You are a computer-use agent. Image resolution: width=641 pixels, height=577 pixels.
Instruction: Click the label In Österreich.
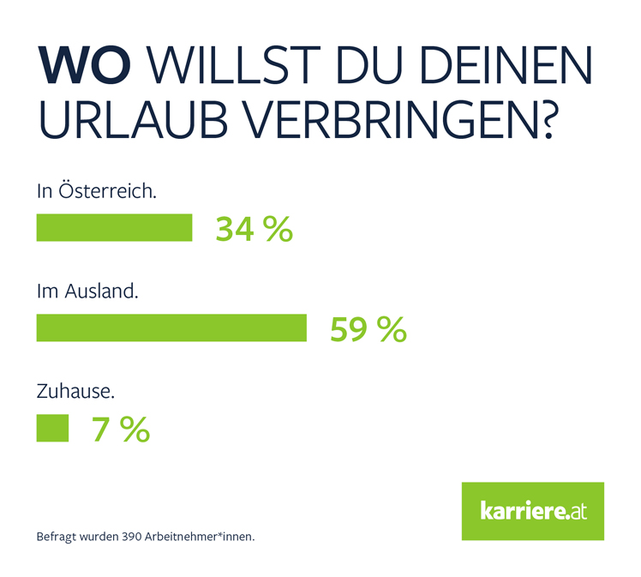pos(96,191)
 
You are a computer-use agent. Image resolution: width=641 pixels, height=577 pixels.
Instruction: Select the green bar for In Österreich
pos(114,228)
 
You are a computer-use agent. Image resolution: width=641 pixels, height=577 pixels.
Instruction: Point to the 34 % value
pos(254,229)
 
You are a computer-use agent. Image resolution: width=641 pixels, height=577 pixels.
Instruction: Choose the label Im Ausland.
pos(87,291)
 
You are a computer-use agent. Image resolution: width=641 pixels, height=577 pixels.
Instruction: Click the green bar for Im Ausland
pos(171,328)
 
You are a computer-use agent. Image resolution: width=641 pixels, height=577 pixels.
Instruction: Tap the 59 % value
pos(368,329)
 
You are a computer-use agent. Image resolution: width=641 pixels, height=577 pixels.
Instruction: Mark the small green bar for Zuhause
pos(52,428)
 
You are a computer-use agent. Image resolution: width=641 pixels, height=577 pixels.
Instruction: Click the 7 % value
pos(121,430)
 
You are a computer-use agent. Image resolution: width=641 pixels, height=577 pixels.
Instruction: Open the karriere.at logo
pos(532,511)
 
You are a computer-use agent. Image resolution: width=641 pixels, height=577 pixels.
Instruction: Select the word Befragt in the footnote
pos(53,538)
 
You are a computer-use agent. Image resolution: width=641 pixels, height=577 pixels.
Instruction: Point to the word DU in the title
pos(373,67)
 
